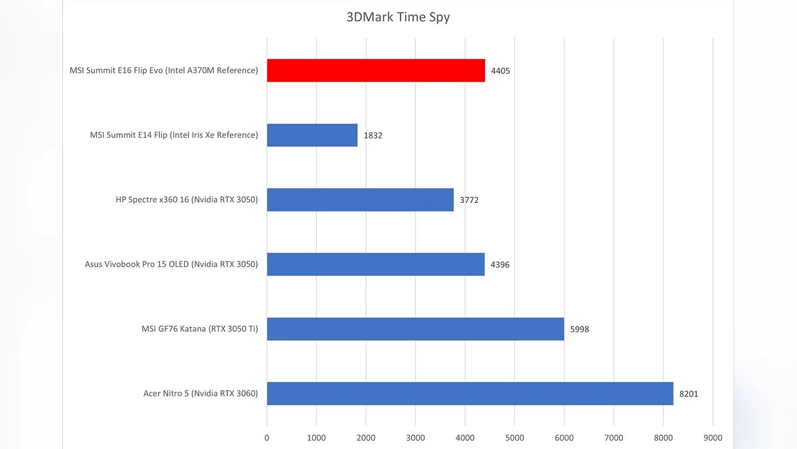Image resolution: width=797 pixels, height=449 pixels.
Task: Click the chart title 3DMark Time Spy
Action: click(x=398, y=17)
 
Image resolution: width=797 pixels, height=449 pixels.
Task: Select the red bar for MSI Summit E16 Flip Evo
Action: click(x=376, y=71)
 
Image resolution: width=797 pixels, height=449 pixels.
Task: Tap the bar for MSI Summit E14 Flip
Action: click(x=312, y=135)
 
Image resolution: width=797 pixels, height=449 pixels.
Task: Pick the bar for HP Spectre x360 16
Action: click(x=360, y=200)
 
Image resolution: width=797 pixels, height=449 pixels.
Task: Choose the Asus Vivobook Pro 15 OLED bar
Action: click(x=375, y=264)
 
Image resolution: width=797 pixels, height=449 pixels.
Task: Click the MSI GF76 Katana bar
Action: click(x=415, y=329)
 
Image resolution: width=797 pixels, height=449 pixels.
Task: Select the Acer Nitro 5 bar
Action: click(x=470, y=393)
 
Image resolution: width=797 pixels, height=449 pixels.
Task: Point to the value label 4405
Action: click(x=501, y=71)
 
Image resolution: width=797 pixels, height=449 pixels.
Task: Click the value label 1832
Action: click(x=373, y=135)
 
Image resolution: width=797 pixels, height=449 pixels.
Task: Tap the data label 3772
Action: click(x=469, y=200)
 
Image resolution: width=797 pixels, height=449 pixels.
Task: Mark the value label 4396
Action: click(x=500, y=264)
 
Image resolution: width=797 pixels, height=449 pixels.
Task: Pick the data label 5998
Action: click(x=580, y=329)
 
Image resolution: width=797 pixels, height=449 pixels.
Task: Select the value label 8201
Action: click(x=689, y=393)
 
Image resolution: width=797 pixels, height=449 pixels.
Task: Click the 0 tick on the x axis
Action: click(x=267, y=438)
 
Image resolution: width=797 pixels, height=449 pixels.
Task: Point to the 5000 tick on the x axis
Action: click(x=515, y=438)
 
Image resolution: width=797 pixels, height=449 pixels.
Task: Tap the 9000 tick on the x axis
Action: click(x=713, y=438)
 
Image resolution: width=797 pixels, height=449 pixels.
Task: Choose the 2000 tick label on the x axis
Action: click(x=366, y=438)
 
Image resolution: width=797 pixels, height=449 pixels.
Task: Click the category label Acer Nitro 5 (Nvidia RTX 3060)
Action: click(x=201, y=393)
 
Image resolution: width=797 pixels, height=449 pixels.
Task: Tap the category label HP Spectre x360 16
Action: click(x=187, y=200)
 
